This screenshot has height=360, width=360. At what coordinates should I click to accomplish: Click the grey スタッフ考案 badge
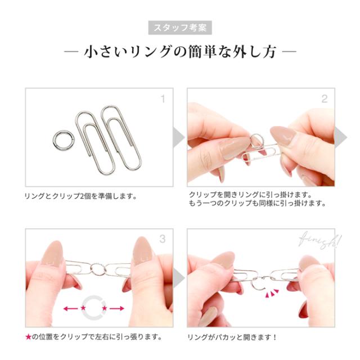coord(180,27)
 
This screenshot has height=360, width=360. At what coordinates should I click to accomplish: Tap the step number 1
coord(163,99)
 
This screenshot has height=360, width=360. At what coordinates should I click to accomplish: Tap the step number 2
coord(324,99)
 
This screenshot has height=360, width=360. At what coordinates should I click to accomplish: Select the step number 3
coord(163,239)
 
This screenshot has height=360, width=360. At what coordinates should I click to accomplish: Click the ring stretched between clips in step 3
coord(97,268)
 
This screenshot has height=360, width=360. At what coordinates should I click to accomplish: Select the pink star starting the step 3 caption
coord(28,337)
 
